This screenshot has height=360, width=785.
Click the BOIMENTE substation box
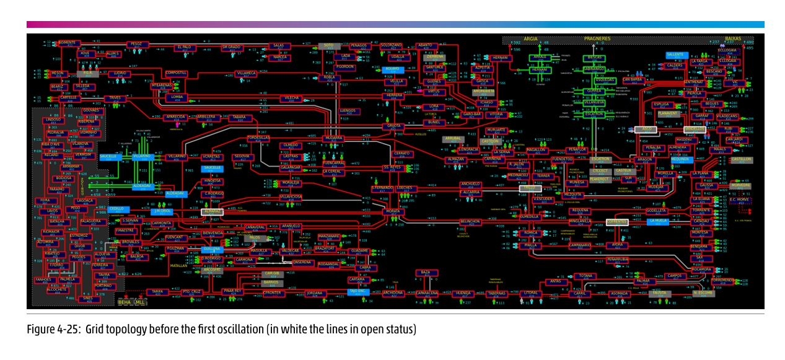coord(70,43)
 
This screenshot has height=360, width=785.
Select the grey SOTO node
coord(328,46)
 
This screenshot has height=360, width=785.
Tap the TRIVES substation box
coord(115,99)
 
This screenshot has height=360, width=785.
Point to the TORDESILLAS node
coord(258,138)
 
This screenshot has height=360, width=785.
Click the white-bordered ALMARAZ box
coord(212,212)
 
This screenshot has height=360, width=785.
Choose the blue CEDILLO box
coord(116,209)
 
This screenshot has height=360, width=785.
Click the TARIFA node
coord(157,291)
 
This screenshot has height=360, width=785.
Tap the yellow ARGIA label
coord(530,38)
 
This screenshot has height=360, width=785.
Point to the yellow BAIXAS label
coord(733,38)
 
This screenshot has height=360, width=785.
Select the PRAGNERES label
coord(597,38)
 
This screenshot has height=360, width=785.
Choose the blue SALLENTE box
coord(676,55)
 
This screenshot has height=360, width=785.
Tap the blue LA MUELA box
coord(657,221)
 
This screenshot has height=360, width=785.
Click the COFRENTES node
coord(617,221)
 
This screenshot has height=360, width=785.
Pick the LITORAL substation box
coord(530,293)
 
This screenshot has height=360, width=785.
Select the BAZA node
coord(425,273)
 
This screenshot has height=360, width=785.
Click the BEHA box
coord(125,302)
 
